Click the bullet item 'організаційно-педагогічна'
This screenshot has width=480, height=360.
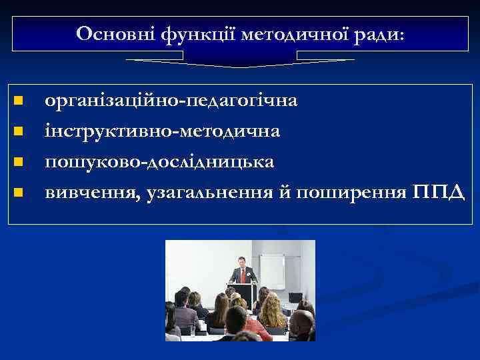tap(171, 102)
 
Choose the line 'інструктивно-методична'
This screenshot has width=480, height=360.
tap(162, 132)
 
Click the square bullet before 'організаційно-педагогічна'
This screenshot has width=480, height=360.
tap(19, 101)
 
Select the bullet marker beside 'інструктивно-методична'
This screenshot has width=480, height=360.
tap(19, 131)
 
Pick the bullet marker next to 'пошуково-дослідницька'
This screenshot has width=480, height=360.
tap(19, 162)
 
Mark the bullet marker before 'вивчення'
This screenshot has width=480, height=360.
tap(19, 193)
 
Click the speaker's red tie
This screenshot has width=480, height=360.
tap(243, 273)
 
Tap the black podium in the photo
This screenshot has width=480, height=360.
tap(241, 292)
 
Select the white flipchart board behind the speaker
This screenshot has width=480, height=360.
tap(272, 270)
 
